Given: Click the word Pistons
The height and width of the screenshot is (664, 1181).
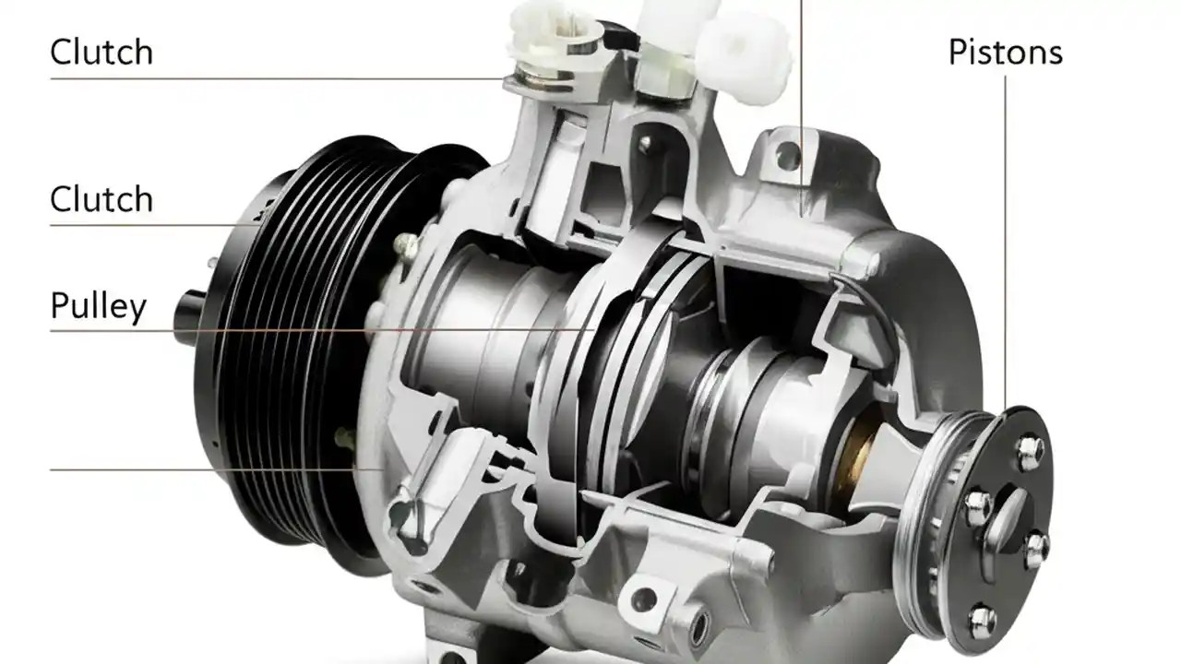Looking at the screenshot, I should pyautogui.click(x=1005, y=53).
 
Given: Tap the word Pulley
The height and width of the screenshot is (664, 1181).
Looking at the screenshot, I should pyautogui.click(x=98, y=305).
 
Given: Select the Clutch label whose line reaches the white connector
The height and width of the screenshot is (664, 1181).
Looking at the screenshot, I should pyautogui.click(x=101, y=52).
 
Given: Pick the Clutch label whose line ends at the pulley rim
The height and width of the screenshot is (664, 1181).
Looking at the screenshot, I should pyautogui.click(x=101, y=199).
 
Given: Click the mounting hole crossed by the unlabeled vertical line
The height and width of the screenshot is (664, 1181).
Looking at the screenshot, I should pyautogui.click(x=787, y=157).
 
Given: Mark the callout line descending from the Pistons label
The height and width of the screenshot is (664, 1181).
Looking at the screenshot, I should pyautogui.click(x=1006, y=231).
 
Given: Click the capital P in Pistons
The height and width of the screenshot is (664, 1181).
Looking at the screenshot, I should pyautogui.click(x=958, y=53).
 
